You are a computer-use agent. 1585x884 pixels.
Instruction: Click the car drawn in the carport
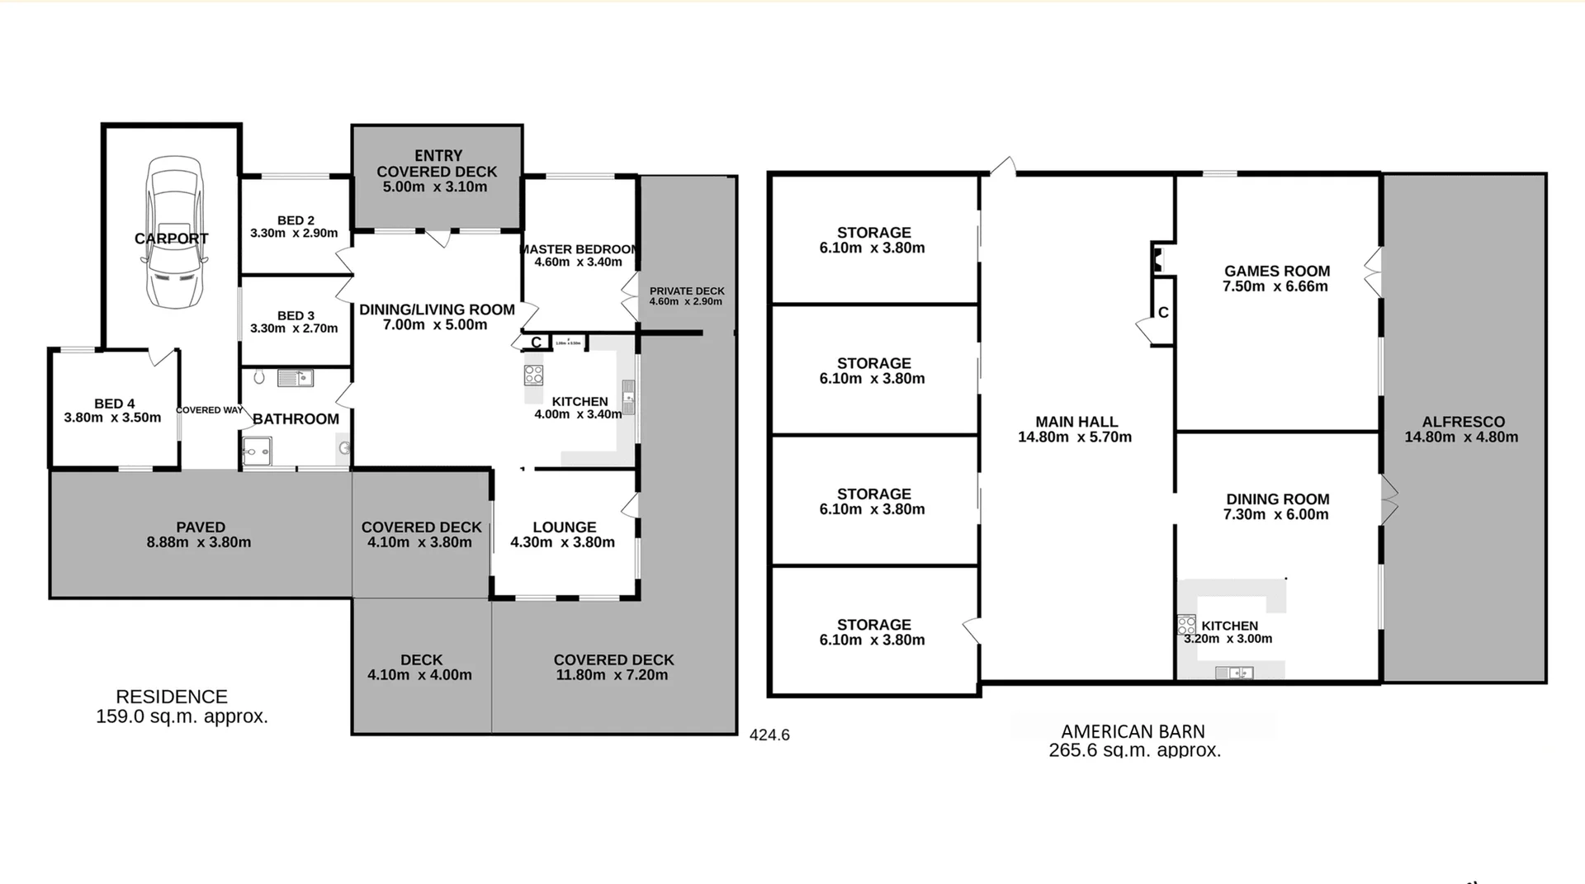[174, 233]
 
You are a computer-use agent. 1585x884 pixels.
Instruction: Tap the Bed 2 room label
[296, 220]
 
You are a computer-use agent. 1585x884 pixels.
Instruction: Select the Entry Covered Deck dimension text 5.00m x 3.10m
[435, 187]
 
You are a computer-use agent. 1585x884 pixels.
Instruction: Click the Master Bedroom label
[579, 249]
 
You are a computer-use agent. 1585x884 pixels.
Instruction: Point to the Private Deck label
[687, 291]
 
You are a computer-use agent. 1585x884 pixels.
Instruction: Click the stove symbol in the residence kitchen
[533, 376]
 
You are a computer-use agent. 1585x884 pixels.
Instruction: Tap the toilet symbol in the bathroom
[259, 377]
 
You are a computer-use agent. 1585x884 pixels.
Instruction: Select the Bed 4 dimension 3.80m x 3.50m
[113, 418]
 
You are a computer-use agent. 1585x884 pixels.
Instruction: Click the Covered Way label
[210, 410]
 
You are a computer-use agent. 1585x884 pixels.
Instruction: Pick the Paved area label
[201, 527]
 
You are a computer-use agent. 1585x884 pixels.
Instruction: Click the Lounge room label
[564, 527]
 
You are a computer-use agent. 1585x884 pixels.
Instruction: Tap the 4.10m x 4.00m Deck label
[421, 668]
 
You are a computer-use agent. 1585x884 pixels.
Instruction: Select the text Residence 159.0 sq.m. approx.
[182, 707]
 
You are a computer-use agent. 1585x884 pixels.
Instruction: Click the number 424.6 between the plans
[769, 735]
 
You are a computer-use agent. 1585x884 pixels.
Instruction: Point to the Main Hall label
[1076, 422]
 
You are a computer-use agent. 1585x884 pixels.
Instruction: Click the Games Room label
[1276, 271]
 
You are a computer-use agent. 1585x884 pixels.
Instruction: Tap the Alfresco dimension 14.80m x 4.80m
[1461, 437]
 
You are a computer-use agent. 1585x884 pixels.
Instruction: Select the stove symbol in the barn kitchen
[1186, 625]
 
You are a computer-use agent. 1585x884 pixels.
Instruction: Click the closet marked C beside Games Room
[1163, 313]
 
